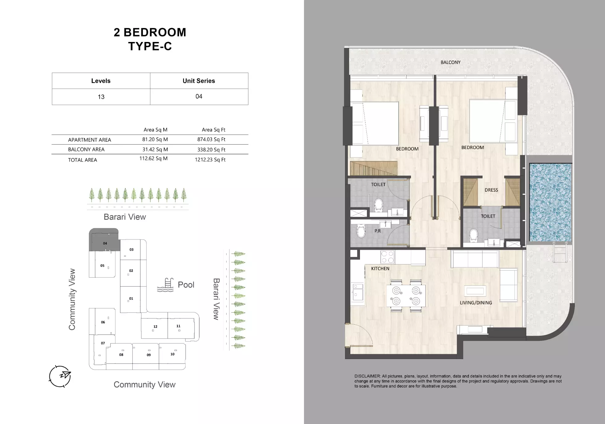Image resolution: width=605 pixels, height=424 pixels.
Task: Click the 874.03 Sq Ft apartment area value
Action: click(211, 139)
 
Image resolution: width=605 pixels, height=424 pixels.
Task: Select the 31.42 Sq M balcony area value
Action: click(155, 149)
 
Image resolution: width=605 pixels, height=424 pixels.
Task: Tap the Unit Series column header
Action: click(199, 81)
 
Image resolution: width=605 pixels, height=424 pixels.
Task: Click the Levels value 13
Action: click(101, 97)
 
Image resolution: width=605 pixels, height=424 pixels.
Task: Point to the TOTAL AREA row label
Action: click(82, 160)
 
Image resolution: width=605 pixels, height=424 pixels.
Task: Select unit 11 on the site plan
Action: click(178, 326)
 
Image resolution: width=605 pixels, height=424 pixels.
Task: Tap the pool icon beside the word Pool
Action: click(165, 285)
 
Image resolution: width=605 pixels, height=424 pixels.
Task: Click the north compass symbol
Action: click(60, 376)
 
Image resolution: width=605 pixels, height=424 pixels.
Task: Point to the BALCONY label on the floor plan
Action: click(450, 62)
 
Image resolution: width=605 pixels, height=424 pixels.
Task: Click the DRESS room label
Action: click(491, 190)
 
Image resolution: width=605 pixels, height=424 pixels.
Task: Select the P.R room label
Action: click(378, 231)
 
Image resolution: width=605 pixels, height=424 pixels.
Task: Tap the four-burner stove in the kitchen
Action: click(387, 257)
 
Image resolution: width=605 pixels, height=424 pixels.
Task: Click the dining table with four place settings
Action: click(406, 296)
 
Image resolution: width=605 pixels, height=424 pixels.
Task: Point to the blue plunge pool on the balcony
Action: click(550, 202)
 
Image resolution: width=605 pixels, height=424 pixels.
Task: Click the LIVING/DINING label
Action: click(476, 303)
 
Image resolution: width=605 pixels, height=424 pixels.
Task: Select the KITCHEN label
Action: click(380, 268)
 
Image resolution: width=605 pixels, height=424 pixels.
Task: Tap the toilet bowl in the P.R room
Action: click(361, 231)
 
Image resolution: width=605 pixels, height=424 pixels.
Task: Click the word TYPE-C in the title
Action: click(150, 46)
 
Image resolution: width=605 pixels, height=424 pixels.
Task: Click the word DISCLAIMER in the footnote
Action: click(367, 376)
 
